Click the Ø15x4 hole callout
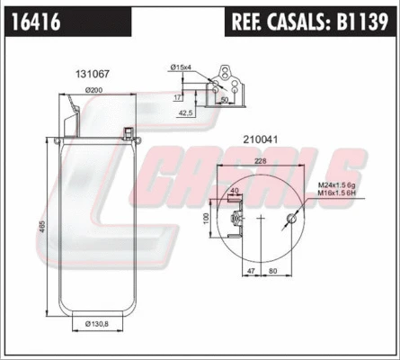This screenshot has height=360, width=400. pyautogui.click(x=182, y=67)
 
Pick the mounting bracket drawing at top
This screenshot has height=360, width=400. pyautogui.click(x=228, y=85)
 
